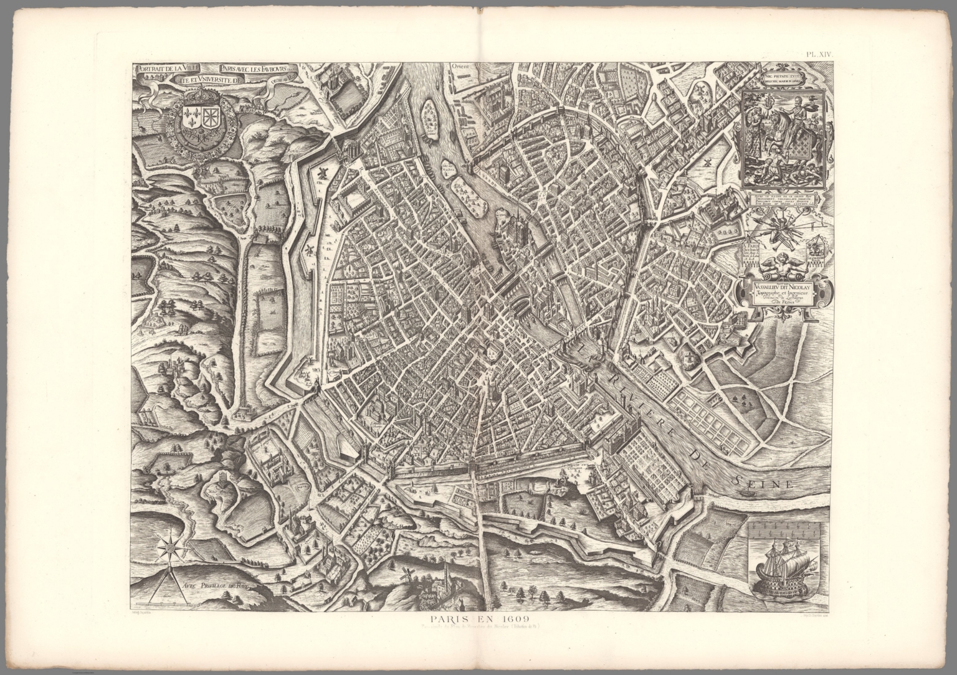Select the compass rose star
(x=168, y=548)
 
